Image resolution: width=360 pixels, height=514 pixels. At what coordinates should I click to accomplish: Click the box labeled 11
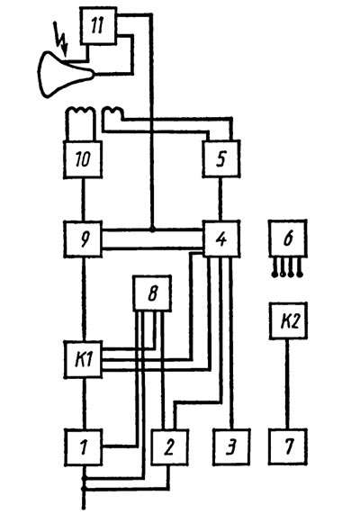pyautogui.click(x=98, y=26)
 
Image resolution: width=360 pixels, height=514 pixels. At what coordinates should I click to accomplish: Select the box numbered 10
pyautogui.click(x=83, y=159)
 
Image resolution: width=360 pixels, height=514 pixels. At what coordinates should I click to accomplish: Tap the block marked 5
pyautogui.click(x=221, y=159)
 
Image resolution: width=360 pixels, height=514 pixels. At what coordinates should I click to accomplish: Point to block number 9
pyautogui.click(x=83, y=239)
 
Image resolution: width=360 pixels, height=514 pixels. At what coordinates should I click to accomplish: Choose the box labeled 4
pyautogui.click(x=221, y=239)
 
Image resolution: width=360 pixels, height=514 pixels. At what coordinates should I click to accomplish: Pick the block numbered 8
pyautogui.click(x=152, y=293)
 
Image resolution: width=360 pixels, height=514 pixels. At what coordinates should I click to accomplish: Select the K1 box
pyautogui.click(x=83, y=359)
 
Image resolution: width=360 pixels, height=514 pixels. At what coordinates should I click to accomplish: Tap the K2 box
pyautogui.click(x=289, y=321)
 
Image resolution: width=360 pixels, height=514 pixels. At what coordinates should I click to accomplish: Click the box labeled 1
pyautogui.click(x=84, y=447)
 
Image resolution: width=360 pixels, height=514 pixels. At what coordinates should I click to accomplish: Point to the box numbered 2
pyautogui.click(x=170, y=447)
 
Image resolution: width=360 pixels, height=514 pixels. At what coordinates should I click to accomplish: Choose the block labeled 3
pyautogui.click(x=231, y=447)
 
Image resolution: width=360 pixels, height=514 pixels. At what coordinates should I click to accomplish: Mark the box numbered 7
pyautogui.click(x=288, y=447)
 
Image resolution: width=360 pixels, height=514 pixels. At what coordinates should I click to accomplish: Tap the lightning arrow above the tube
pyautogui.click(x=61, y=39)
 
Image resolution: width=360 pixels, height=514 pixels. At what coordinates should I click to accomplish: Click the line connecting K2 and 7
pyautogui.click(x=287, y=384)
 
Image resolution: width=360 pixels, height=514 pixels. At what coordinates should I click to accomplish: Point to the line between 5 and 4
pyautogui.click(x=220, y=199)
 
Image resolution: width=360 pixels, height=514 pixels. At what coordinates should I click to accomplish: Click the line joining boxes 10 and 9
pyautogui.click(x=83, y=199)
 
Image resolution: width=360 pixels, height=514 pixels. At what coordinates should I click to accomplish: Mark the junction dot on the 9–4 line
pyautogui.click(x=152, y=230)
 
